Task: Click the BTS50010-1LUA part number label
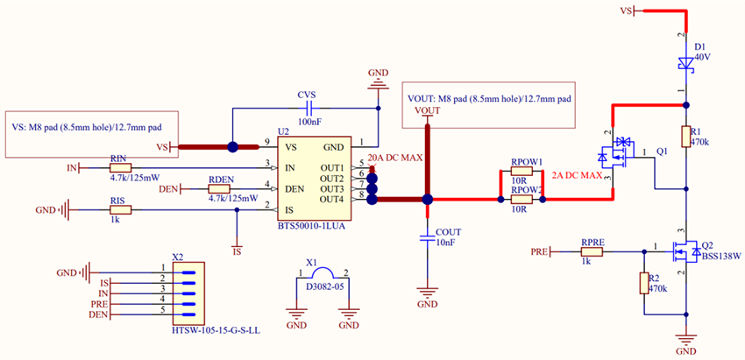[x=311, y=225]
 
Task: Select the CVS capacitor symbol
[x=307, y=109]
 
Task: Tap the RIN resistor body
[x=119, y=166]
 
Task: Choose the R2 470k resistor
[x=643, y=283]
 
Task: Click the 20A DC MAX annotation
[x=395, y=158]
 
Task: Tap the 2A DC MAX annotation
[x=577, y=176]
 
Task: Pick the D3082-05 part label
[x=322, y=285]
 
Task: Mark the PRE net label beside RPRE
[x=540, y=251]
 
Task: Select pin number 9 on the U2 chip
[x=266, y=142]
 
